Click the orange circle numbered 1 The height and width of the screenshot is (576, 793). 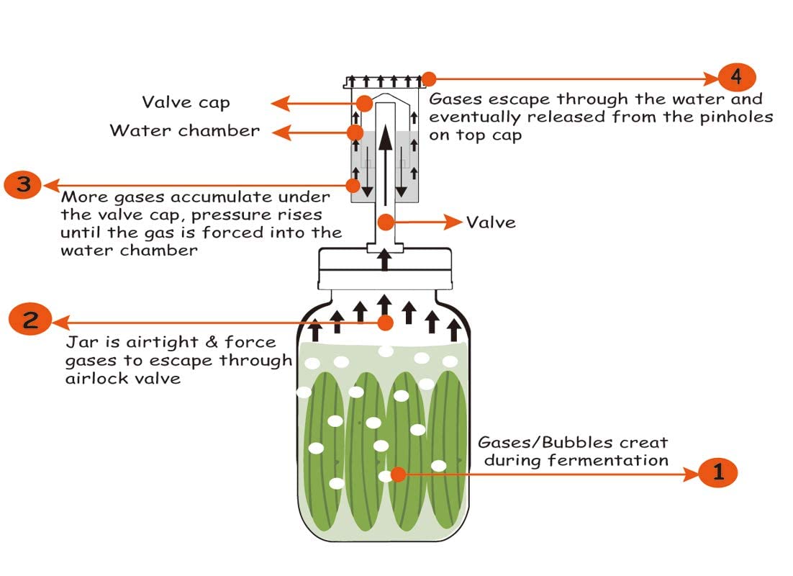pyautogui.click(x=717, y=473)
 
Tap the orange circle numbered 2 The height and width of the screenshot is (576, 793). pyautogui.click(x=30, y=320)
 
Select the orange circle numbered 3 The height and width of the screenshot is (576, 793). pyautogui.click(x=23, y=185)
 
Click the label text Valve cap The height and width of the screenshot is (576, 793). pyautogui.click(x=186, y=103)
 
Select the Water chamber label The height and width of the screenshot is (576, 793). pyautogui.click(x=184, y=131)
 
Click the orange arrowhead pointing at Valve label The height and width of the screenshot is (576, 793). pyautogui.click(x=453, y=222)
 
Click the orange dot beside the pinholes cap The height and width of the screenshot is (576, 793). pyautogui.click(x=429, y=78)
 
